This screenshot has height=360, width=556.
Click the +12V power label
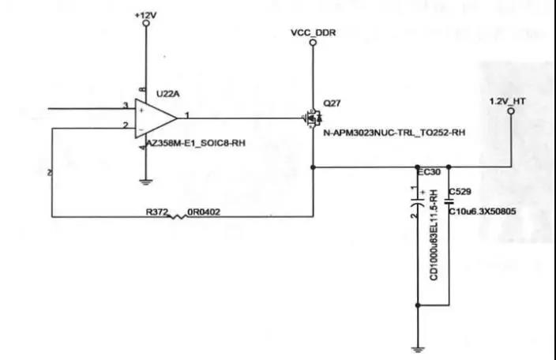(145, 14)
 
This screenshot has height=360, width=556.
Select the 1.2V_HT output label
(509, 101)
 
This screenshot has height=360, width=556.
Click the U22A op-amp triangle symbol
(155, 118)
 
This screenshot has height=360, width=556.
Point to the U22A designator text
(167, 93)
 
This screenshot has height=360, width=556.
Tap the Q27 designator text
(331, 103)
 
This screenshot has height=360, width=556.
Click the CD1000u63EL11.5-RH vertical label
(433, 236)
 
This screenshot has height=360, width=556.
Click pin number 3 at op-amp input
(125, 105)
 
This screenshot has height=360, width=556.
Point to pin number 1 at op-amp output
(186, 115)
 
